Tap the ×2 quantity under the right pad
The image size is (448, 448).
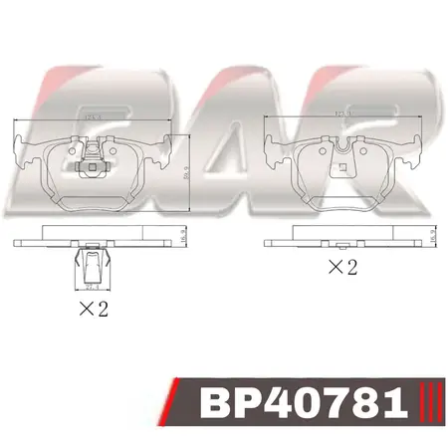[341, 267]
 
